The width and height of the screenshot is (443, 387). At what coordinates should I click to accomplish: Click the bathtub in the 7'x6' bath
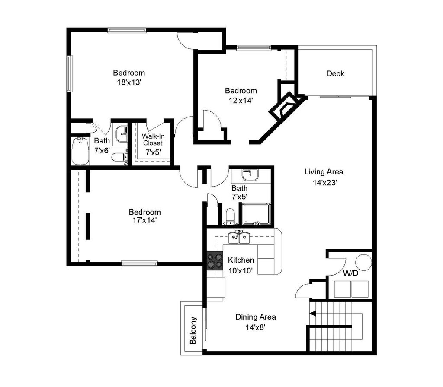click(x=80, y=151)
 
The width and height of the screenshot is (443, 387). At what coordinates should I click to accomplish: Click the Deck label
click(x=335, y=73)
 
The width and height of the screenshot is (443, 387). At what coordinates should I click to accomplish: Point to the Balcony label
click(x=193, y=331)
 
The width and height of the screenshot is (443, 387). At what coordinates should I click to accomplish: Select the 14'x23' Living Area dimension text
click(x=324, y=182)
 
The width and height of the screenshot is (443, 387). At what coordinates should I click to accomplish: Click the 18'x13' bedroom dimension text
click(x=129, y=82)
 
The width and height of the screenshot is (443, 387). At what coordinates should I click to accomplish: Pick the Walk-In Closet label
click(x=153, y=140)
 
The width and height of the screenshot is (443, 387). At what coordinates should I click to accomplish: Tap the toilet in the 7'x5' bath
click(x=230, y=216)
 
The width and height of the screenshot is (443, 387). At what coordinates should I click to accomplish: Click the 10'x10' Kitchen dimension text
click(x=241, y=270)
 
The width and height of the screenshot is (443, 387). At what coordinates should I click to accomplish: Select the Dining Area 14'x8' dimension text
click(x=255, y=327)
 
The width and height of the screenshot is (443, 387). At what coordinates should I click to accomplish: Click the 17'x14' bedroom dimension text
click(x=144, y=220)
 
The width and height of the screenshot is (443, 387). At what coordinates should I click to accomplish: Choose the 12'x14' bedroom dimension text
click(x=241, y=100)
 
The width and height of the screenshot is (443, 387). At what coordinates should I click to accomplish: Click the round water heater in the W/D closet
click(x=363, y=262)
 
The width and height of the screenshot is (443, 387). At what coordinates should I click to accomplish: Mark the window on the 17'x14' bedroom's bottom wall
click(x=139, y=263)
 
